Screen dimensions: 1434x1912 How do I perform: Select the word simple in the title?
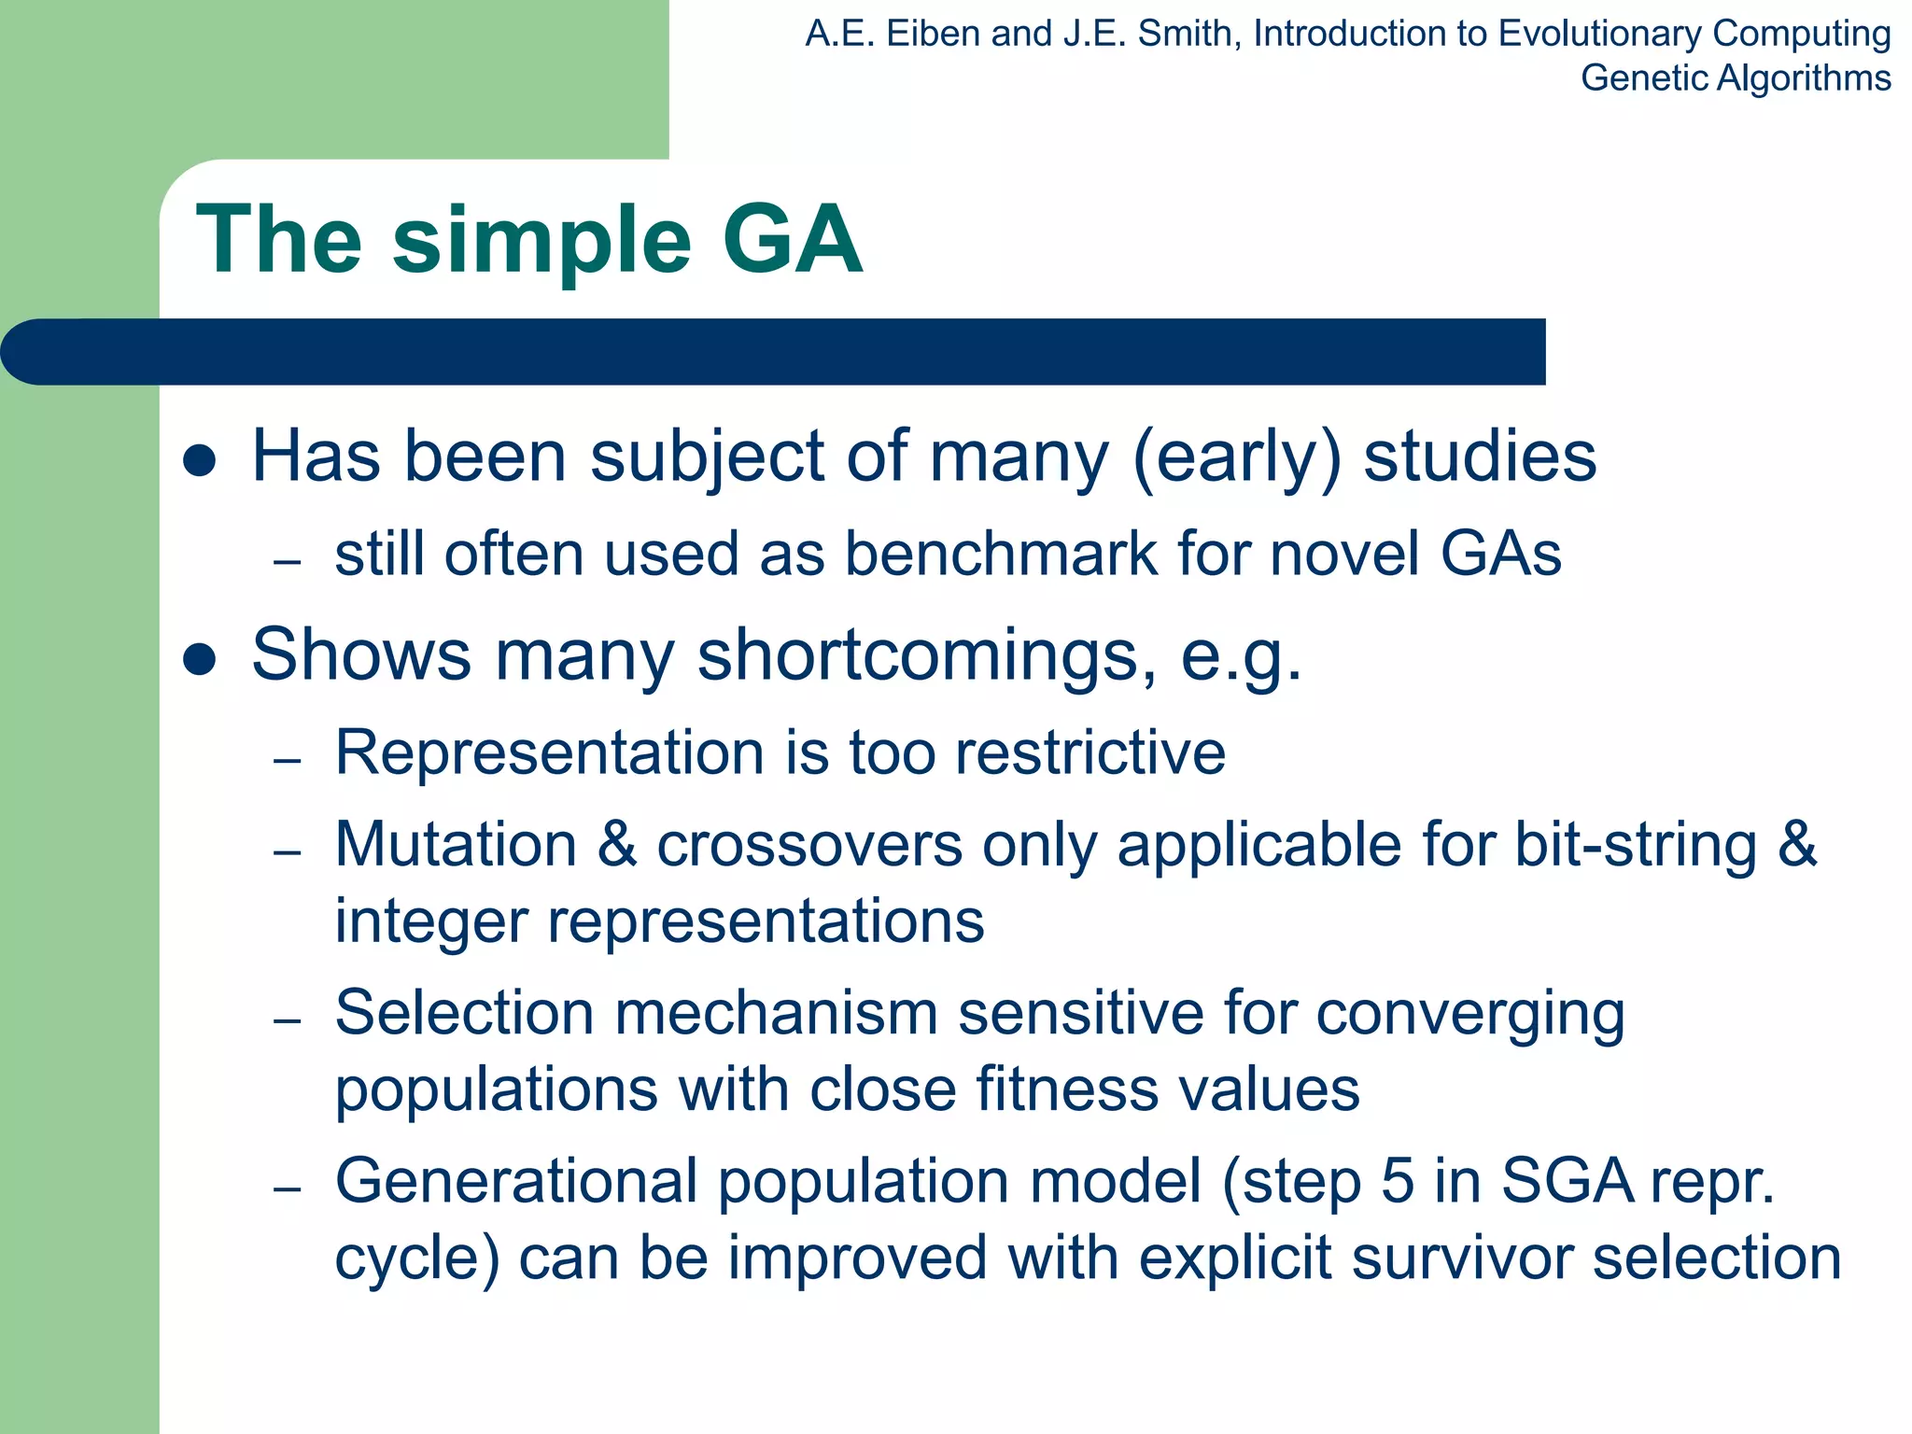541,245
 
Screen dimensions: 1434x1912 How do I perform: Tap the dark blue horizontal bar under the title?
775,352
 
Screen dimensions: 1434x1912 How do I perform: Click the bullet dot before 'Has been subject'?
200,460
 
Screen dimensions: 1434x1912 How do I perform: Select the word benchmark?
1001,554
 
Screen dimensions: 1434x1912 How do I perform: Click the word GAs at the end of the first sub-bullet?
1500,554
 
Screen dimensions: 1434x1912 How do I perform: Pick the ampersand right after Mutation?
616,844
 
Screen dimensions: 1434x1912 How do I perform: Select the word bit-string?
1636,846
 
